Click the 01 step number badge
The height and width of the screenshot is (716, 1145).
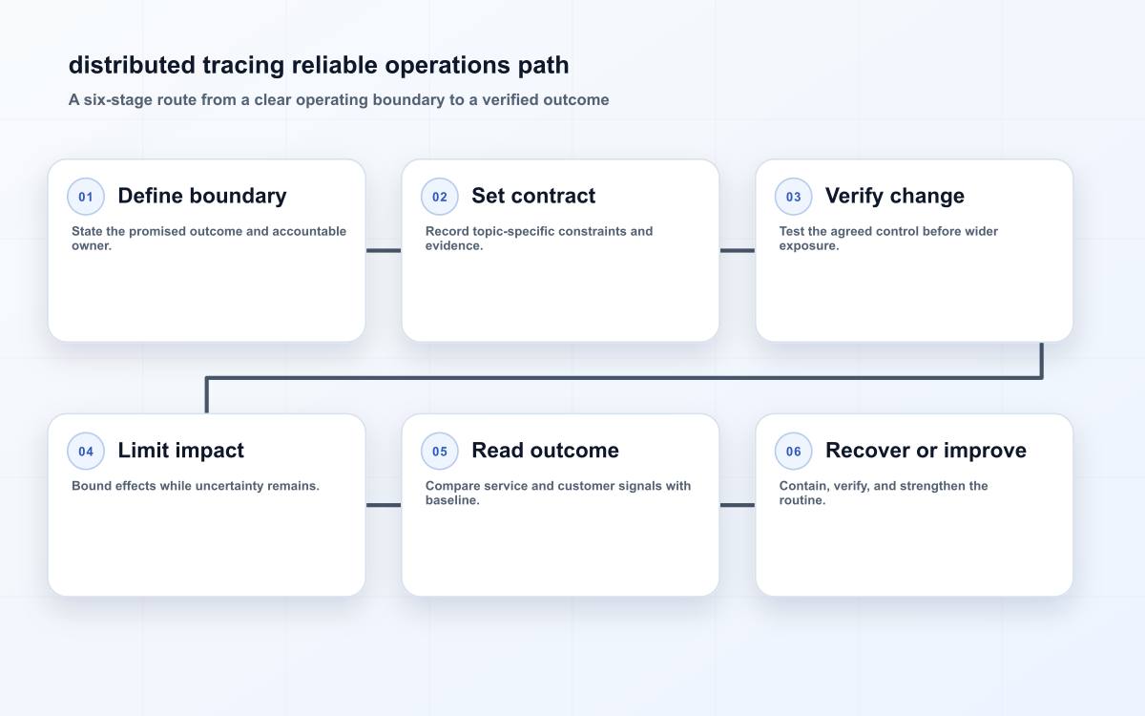click(x=86, y=197)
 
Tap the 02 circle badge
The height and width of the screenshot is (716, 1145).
click(x=440, y=197)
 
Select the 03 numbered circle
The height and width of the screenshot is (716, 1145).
click(x=793, y=197)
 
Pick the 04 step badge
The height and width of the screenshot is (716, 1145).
click(x=86, y=451)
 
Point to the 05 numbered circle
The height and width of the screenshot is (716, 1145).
click(x=440, y=451)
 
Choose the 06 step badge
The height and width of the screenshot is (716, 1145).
click(x=793, y=451)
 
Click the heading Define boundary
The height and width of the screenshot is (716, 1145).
click(x=202, y=196)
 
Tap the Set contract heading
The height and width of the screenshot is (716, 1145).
click(x=533, y=196)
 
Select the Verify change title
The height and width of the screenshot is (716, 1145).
click(x=895, y=196)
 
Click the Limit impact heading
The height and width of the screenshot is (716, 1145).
click(x=181, y=451)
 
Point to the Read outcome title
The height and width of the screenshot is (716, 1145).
click(x=545, y=451)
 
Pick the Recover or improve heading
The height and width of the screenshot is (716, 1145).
click(x=926, y=451)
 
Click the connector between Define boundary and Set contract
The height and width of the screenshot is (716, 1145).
click(x=384, y=250)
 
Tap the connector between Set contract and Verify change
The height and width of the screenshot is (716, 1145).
click(x=737, y=250)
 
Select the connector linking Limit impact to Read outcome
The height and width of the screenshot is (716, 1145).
click(x=384, y=505)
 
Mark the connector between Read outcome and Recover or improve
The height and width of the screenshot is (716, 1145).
click(x=737, y=505)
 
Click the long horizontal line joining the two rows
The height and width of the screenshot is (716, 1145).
click(x=624, y=378)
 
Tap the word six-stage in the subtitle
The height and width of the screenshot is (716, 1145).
click(x=118, y=99)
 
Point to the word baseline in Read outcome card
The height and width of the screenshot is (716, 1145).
click(x=452, y=500)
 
